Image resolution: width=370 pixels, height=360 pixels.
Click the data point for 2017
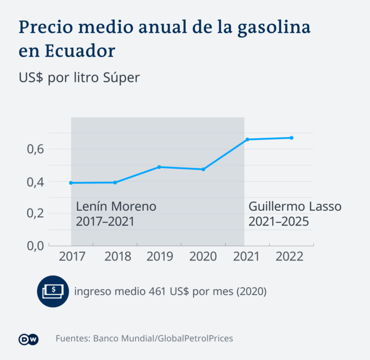[71, 183]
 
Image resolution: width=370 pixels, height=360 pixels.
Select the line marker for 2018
[115, 182]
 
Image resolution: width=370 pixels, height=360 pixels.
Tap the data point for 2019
[159, 167]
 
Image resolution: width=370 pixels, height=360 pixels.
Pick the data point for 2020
[203, 169]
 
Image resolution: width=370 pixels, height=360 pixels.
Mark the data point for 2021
[247, 140]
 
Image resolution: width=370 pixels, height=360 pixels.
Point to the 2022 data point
[291, 138]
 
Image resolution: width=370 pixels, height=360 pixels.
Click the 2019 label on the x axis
[159, 257]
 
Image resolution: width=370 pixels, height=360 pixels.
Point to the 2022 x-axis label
[290, 257]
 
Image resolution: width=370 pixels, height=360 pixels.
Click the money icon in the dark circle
[53, 291]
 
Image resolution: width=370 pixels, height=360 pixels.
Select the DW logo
[29, 339]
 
